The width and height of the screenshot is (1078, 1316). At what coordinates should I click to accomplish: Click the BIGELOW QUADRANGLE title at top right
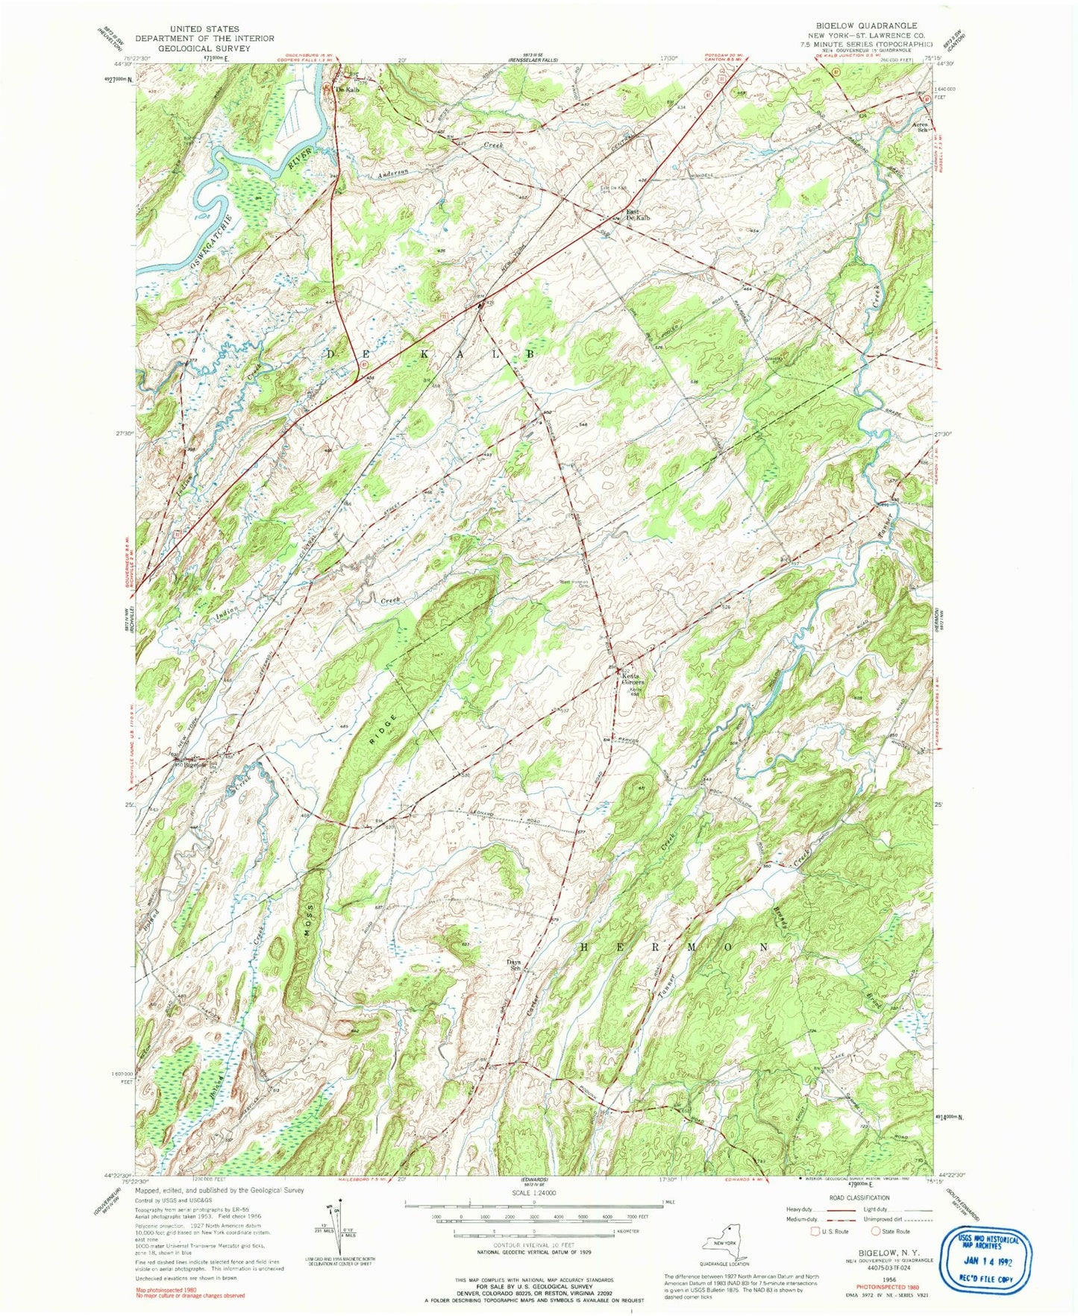[871, 25]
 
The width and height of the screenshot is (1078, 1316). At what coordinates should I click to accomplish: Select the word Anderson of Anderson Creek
[393, 173]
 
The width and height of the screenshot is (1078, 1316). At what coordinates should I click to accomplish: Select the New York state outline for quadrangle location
[723, 1241]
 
